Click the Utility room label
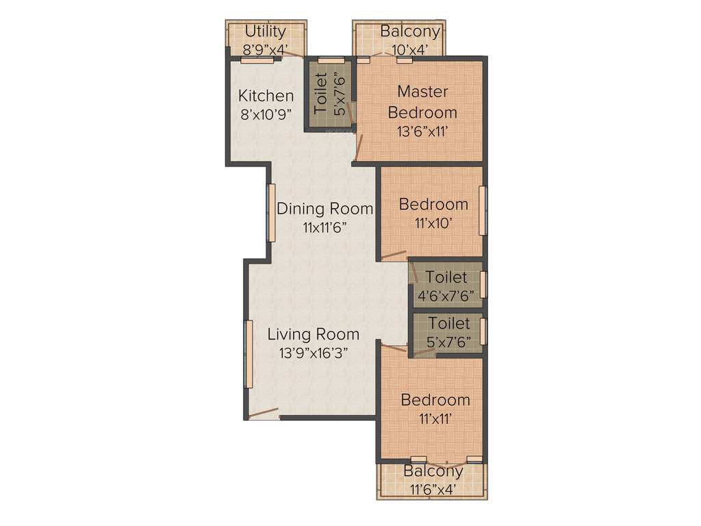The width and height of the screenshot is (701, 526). click(265, 32)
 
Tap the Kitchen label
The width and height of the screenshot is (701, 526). click(266, 96)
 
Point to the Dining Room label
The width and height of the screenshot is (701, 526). click(324, 208)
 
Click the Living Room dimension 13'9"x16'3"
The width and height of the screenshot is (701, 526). click(313, 354)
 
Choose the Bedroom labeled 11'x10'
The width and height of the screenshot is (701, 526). click(433, 204)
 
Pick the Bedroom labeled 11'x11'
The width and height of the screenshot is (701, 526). click(435, 400)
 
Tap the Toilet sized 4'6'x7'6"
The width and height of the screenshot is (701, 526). click(446, 277)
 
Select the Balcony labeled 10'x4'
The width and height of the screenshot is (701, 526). click(410, 32)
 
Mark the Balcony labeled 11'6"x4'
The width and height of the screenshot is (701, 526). click(433, 471)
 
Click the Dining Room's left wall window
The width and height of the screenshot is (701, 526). click(271, 212)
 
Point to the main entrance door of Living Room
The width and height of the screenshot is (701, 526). click(264, 413)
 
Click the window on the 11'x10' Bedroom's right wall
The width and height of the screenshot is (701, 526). click(483, 210)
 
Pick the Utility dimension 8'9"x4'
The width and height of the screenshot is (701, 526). click(265, 49)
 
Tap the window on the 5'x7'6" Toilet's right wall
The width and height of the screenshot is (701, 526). click(483, 331)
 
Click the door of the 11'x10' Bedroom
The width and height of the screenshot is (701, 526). click(394, 257)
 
